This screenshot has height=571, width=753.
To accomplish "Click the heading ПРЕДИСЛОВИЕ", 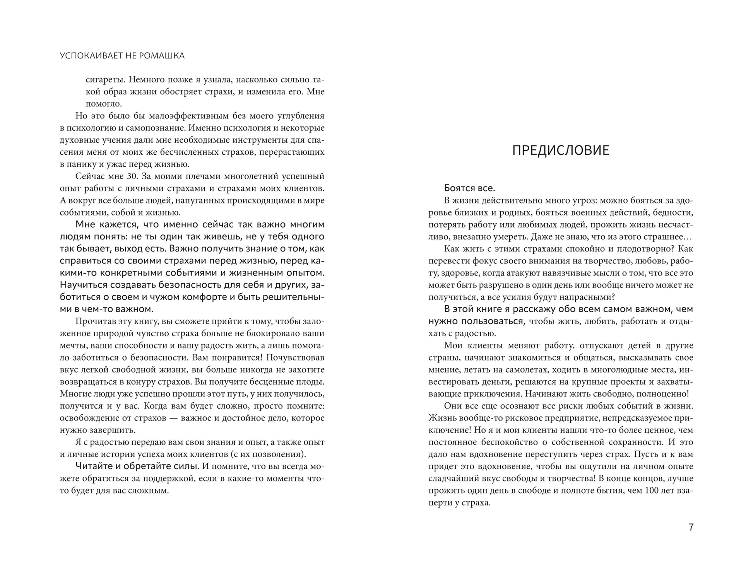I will coord(560,150).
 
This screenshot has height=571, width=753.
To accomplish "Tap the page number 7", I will coord(691,527).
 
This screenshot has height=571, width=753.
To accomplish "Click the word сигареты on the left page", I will coord(105,80).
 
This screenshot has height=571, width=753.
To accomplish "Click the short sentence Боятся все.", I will coord(469,188).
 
